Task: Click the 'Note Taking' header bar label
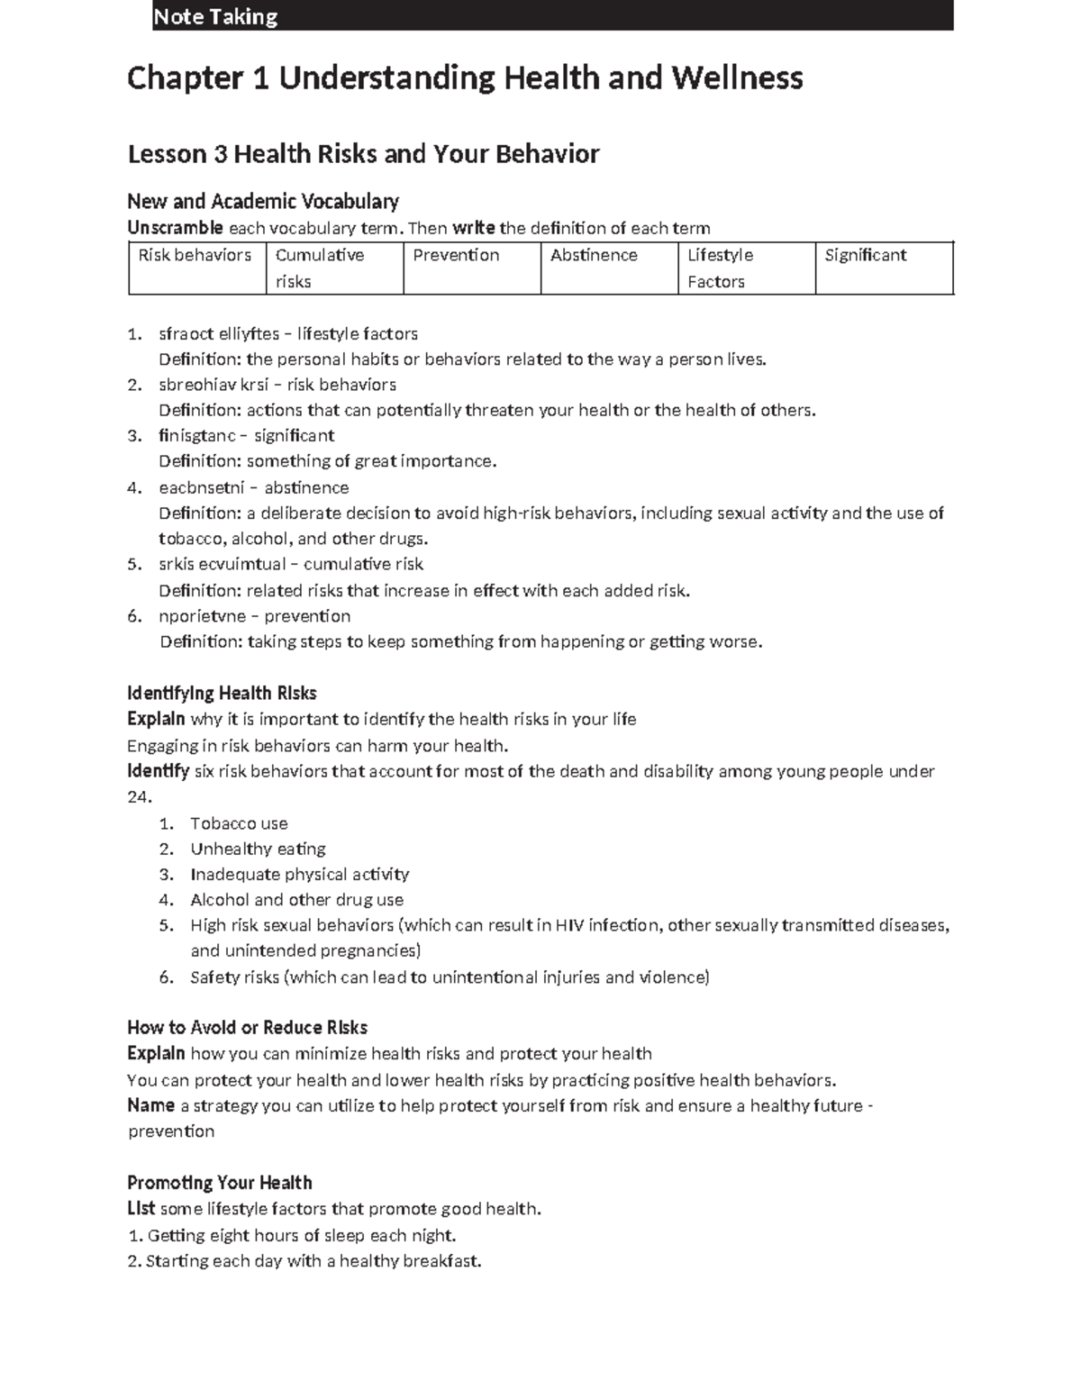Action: point(215,16)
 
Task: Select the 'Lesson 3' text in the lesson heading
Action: point(178,154)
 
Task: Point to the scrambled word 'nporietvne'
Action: point(198,616)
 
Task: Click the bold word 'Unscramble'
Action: point(175,228)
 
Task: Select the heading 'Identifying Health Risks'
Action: point(222,694)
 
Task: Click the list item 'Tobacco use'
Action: point(239,823)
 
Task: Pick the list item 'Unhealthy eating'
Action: point(258,849)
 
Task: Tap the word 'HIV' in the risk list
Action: point(569,925)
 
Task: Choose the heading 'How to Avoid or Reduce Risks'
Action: point(247,1028)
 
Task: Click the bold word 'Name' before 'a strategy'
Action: point(150,1105)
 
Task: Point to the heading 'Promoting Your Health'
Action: point(219,1183)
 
